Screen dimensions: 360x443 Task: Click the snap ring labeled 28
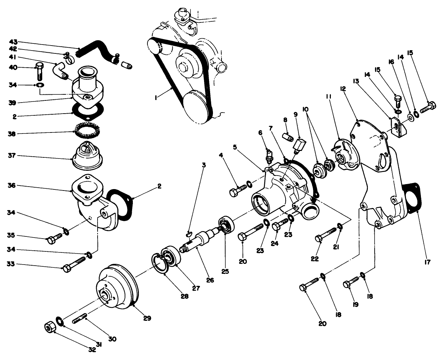159,264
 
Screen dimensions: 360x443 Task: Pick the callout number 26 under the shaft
210,280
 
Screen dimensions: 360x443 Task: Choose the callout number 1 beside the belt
157,96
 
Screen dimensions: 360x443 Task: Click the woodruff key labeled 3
189,234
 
